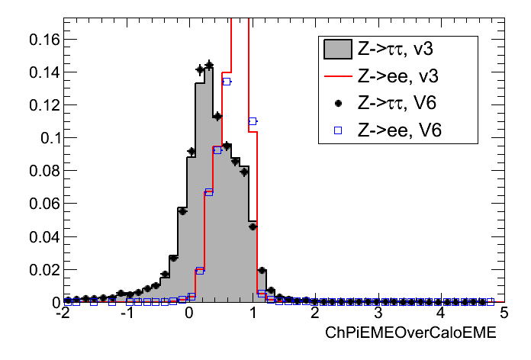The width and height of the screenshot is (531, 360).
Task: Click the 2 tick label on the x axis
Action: [316, 314]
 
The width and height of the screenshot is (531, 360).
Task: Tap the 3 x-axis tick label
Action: [378, 314]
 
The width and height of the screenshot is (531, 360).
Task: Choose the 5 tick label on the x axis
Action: [504, 314]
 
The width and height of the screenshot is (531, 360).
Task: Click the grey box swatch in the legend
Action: [337, 50]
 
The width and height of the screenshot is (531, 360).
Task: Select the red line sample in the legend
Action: [337, 77]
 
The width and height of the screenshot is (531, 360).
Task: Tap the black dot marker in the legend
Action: [337, 104]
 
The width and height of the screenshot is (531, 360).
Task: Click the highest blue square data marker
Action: [227, 81]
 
